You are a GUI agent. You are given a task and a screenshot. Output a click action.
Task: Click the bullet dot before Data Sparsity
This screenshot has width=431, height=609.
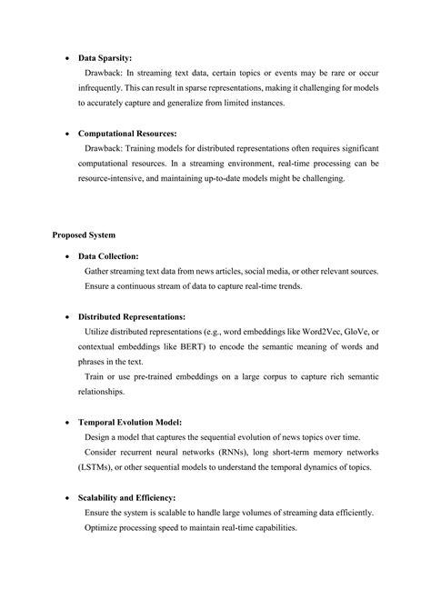point(69,56)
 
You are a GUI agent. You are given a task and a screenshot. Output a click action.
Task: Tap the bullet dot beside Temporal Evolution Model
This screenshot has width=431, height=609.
point(69,422)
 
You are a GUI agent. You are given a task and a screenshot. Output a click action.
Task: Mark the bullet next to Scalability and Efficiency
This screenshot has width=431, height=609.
point(69,498)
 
